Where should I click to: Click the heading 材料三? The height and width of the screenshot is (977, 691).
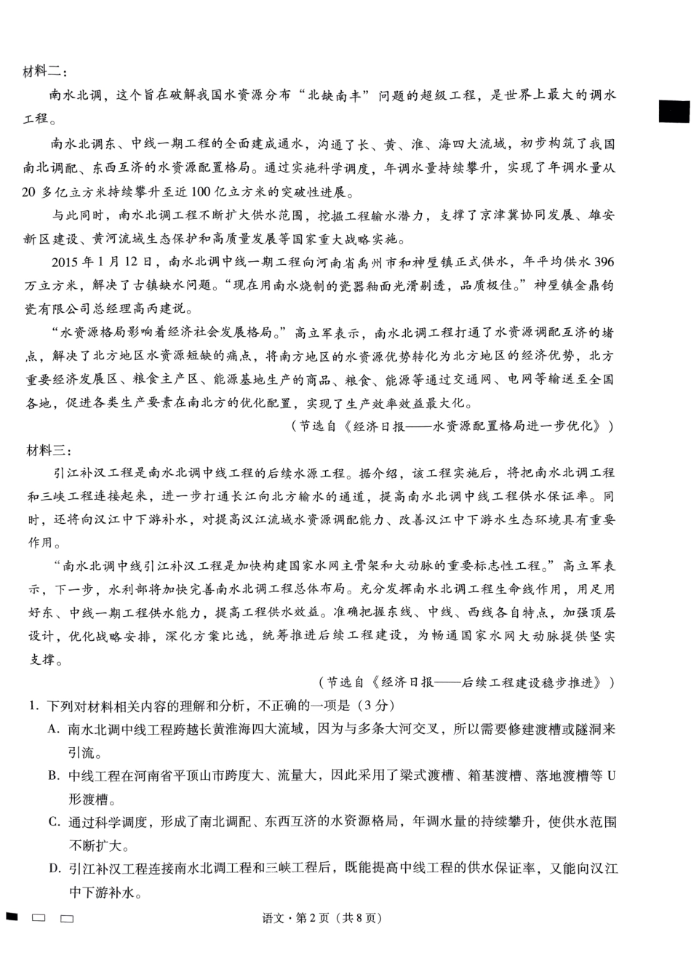click(x=45, y=450)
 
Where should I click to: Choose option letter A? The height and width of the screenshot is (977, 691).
click(x=53, y=728)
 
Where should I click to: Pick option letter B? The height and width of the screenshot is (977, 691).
click(x=53, y=775)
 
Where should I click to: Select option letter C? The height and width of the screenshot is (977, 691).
click(x=53, y=822)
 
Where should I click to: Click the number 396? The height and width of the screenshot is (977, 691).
click(x=603, y=262)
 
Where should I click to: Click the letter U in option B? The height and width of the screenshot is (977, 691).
click(x=611, y=775)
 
